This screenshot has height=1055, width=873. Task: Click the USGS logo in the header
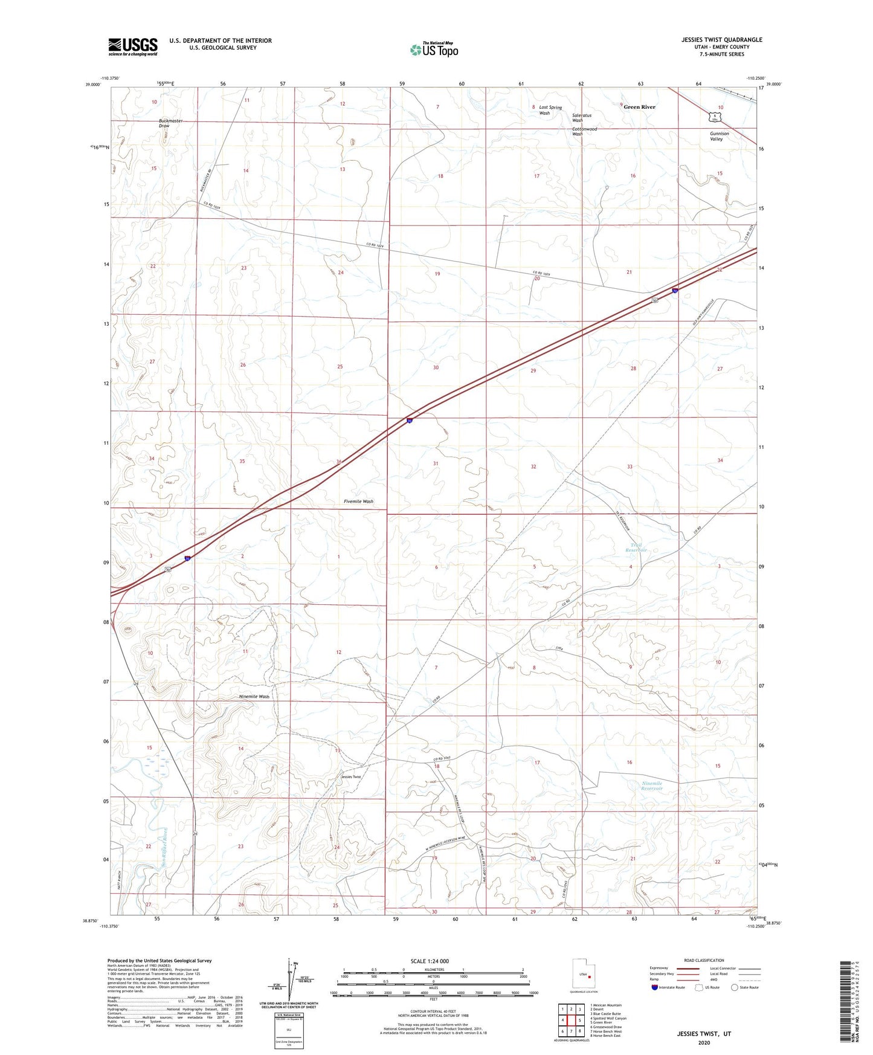(133, 47)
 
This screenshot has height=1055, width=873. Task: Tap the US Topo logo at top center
(434, 49)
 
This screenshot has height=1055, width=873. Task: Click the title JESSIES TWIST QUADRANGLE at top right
(721, 40)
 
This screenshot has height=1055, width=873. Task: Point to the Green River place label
(639, 107)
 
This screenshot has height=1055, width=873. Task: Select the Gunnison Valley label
(719, 136)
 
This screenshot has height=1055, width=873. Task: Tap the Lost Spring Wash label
(550, 110)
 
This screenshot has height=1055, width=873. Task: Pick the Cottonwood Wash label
(584, 131)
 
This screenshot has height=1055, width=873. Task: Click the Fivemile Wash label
(358, 502)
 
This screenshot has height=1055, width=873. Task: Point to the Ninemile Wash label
(254, 697)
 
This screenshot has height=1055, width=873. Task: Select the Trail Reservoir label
(636, 547)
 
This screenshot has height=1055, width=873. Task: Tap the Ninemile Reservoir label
(652, 786)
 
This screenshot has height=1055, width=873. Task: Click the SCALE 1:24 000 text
(430, 961)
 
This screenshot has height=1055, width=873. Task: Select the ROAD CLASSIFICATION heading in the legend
(704, 960)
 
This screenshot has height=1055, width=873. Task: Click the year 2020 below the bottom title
(704, 1042)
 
